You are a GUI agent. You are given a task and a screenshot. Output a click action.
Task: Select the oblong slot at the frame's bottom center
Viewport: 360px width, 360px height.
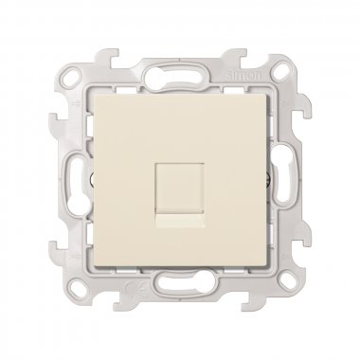click(x=180, y=303)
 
